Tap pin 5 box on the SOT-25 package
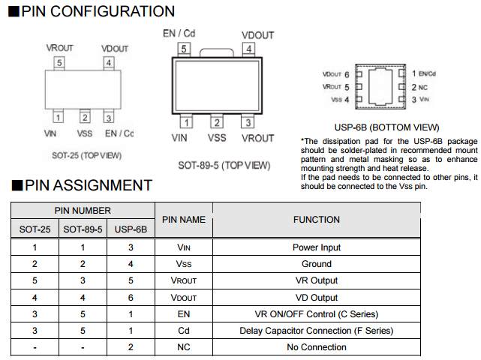pos(59,62)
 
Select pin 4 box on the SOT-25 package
pos(109,62)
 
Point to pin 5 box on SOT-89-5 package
pos(184,49)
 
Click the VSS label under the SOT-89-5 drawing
pos(217,138)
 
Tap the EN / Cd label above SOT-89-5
pos(179,34)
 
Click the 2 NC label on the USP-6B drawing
pos(419,87)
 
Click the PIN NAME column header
pos(184,220)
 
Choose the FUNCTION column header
pos(316,220)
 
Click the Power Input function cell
pos(316,247)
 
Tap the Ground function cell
pos(316,264)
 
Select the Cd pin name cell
pos(184,330)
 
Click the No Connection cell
pos(316,346)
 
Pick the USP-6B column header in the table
pos(131,229)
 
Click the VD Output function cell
pos(316,297)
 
